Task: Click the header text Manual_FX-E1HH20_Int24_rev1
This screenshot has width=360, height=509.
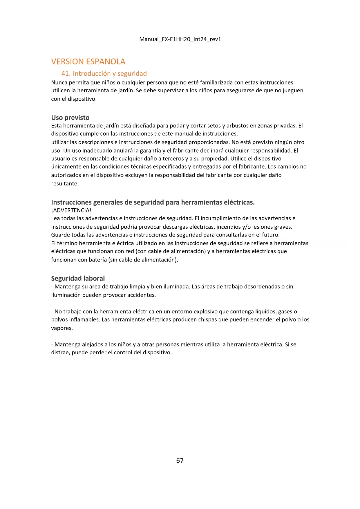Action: tap(180, 39)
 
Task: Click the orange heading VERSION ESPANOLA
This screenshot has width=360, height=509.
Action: tap(88, 62)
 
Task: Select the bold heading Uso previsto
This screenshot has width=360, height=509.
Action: tap(70, 118)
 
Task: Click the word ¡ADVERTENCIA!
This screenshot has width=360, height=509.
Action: tap(71, 210)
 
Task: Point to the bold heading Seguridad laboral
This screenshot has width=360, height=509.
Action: tap(78, 278)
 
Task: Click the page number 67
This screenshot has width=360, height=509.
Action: tap(180, 461)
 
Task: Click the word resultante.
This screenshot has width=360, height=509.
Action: tap(64, 184)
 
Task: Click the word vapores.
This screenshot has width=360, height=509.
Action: tap(61, 328)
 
